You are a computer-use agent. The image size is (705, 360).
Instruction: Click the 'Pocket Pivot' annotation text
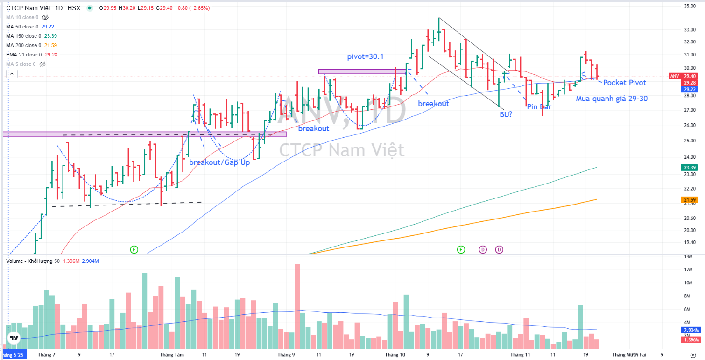coord(625,83)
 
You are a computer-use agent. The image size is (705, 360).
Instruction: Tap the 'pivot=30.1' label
coord(366,56)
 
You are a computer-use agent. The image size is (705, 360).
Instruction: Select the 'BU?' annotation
coord(506,113)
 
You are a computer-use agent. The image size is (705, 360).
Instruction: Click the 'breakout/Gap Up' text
coord(219,162)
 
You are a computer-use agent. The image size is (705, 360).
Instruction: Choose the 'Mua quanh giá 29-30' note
coord(611,99)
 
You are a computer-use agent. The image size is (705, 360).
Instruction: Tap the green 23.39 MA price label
coord(690,167)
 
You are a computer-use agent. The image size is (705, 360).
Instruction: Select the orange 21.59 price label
coord(690,200)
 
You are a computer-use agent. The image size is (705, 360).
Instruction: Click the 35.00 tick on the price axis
coord(690,6)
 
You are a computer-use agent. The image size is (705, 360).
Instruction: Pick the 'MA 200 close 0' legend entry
coord(23,45)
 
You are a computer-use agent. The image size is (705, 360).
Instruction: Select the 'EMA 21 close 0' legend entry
coord(23,55)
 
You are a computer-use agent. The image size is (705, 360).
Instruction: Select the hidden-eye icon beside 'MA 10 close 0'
coord(45,17)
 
